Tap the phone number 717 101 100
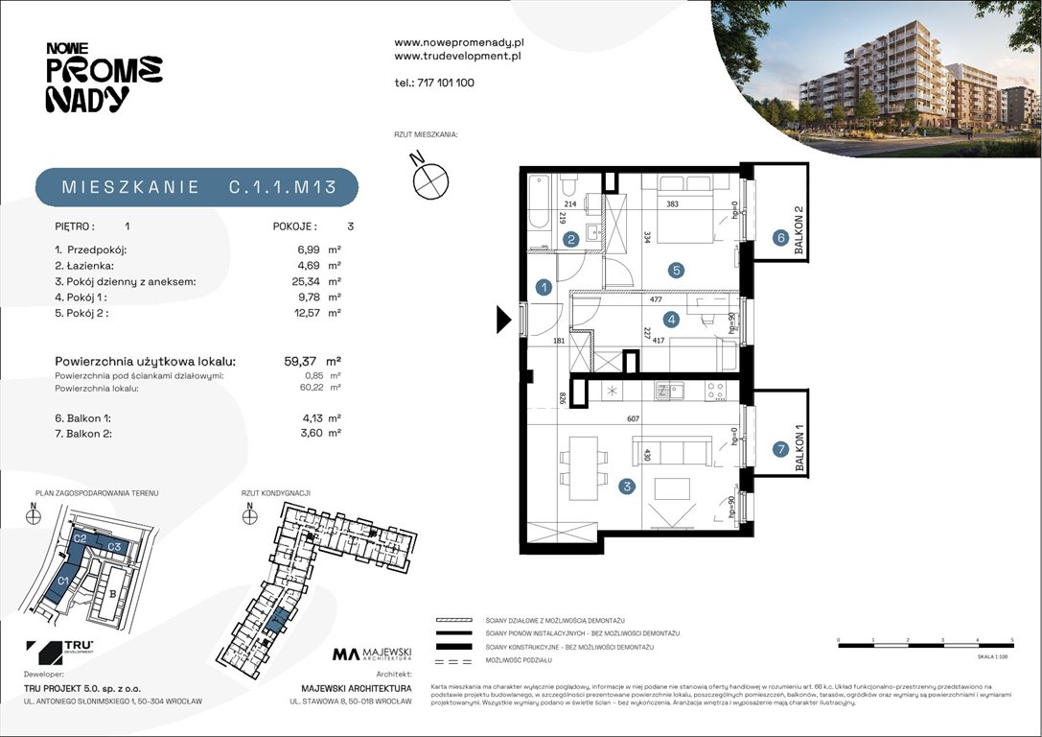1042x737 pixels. [x=434, y=83]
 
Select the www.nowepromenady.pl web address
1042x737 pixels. [x=458, y=43]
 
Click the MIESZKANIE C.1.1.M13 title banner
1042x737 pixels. [x=197, y=188]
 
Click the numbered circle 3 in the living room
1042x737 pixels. [x=627, y=487]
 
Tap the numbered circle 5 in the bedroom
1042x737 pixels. [x=677, y=271]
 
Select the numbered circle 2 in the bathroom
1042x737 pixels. [x=570, y=240]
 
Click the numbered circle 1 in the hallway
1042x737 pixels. [x=544, y=287]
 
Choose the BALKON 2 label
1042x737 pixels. [x=798, y=232]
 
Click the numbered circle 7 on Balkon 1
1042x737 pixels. [x=781, y=448]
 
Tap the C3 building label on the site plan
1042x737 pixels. [x=113, y=546]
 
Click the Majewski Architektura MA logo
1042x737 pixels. [x=372, y=654]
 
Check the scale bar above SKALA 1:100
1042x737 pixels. [x=925, y=646]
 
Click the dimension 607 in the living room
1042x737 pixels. [x=633, y=417]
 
